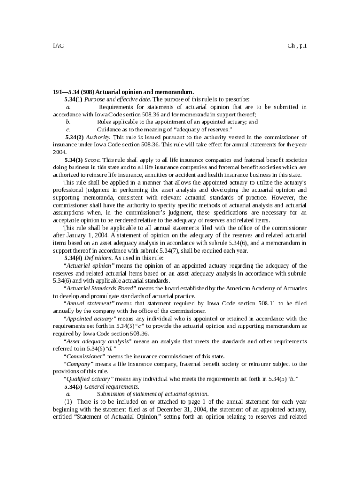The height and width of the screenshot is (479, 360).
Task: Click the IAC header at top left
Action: point(58,46)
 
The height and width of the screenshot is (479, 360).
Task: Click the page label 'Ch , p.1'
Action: point(297,46)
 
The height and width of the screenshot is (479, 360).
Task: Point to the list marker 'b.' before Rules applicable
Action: point(68,122)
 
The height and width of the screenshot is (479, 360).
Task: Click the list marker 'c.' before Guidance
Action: point(68,129)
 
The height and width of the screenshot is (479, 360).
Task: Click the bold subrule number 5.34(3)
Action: point(74,160)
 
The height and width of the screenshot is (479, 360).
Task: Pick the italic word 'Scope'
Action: point(93,160)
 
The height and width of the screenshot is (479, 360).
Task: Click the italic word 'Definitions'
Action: point(98,258)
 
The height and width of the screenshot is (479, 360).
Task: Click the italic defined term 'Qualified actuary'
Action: point(88,379)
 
